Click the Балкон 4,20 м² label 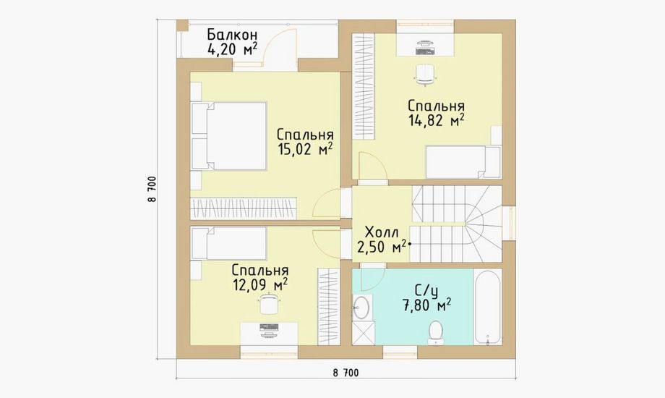coord(232,43)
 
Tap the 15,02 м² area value coord(304,149)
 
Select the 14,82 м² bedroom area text coord(436,120)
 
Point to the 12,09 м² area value coord(260,284)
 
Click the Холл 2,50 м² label coord(382,240)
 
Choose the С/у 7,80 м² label coord(426,298)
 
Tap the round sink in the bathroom coord(361,307)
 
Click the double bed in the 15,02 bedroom coord(229,136)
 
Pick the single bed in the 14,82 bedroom coord(463,162)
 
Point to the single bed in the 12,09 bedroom coord(228,243)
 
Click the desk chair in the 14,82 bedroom coord(425,75)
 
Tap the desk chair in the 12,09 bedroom coord(269,303)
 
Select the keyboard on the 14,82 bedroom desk coord(425,51)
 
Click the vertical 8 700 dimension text coord(153,189)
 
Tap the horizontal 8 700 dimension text coord(346,373)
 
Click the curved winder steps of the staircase coord(483,224)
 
